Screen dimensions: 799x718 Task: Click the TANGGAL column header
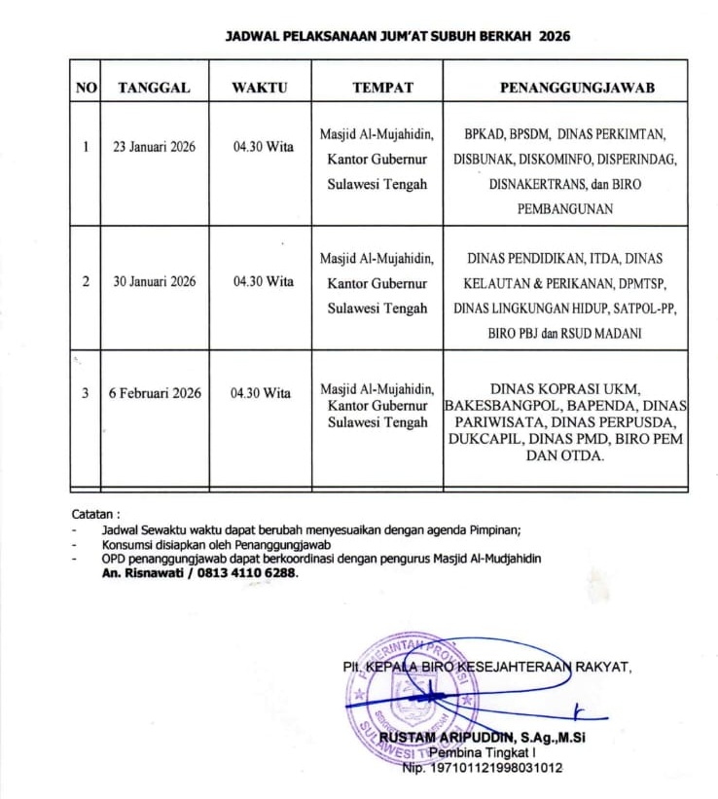pos(154,88)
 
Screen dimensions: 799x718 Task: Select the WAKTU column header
pos(260,88)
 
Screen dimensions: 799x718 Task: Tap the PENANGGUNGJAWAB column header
pos(577,88)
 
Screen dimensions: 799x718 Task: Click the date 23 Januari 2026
pos(154,147)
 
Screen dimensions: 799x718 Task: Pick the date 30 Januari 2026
pos(154,281)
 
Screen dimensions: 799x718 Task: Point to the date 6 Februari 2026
pos(155,393)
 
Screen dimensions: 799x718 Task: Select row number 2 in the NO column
pos(86,281)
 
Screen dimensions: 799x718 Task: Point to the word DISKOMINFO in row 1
pos(576,159)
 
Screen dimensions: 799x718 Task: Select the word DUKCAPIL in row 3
pos(483,439)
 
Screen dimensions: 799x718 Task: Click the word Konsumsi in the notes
pos(130,544)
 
